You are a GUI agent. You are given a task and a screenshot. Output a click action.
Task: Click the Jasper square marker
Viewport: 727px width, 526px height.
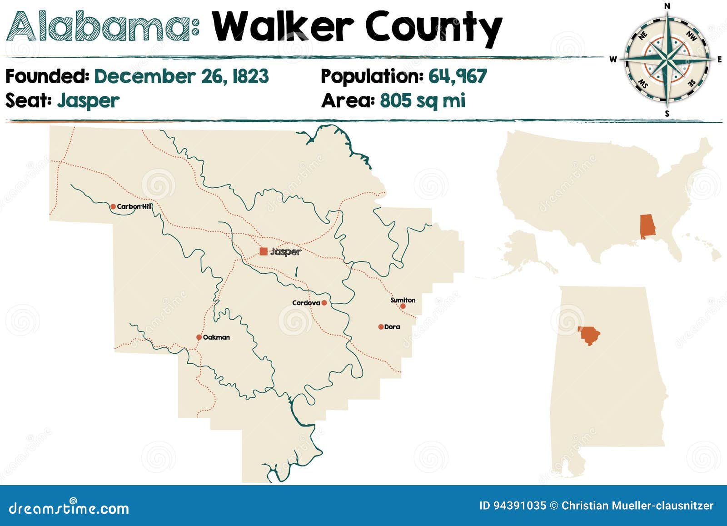(264, 251)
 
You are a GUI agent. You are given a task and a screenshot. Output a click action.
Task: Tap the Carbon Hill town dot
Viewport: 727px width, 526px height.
(113, 206)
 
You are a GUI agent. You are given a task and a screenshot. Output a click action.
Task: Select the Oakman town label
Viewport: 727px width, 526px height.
(216, 337)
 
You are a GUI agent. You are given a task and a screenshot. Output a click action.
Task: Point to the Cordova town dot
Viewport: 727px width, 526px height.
(324, 303)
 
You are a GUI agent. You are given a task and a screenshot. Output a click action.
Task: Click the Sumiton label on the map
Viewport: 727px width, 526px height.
(403, 300)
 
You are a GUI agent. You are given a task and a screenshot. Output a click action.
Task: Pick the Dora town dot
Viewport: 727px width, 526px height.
(381, 327)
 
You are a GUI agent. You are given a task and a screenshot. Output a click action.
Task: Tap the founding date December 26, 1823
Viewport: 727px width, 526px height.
(181, 76)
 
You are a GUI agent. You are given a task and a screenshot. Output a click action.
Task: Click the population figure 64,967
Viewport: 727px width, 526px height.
(457, 76)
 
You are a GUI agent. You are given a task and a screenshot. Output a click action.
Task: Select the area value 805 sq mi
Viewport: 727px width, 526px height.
(423, 100)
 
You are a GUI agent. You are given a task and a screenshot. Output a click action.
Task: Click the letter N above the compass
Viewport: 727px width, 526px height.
(667, 6)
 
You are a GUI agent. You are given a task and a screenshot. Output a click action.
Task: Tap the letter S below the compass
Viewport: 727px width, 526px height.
(667, 114)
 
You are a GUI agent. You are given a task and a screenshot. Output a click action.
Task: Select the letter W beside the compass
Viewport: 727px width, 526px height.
(613, 60)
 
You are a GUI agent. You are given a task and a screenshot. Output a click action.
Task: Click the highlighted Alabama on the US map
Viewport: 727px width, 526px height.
(647, 226)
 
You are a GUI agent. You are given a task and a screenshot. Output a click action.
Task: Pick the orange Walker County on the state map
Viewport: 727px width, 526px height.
(589, 336)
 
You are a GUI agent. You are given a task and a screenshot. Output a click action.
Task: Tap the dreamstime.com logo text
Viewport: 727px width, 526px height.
(69, 508)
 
